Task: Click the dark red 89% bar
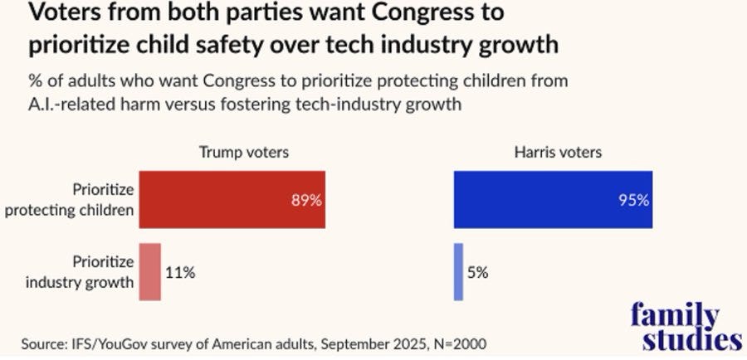tap(232, 199)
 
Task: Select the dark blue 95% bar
tap(553, 199)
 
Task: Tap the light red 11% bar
tap(149, 271)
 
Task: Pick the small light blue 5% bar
tap(458, 271)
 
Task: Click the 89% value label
tap(305, 200)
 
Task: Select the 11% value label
tap(179, 271)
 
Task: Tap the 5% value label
tap(478, 271)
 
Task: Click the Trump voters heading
tap(243, 152)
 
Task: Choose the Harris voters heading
tap(567, 152)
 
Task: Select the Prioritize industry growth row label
tap(91, 271)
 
